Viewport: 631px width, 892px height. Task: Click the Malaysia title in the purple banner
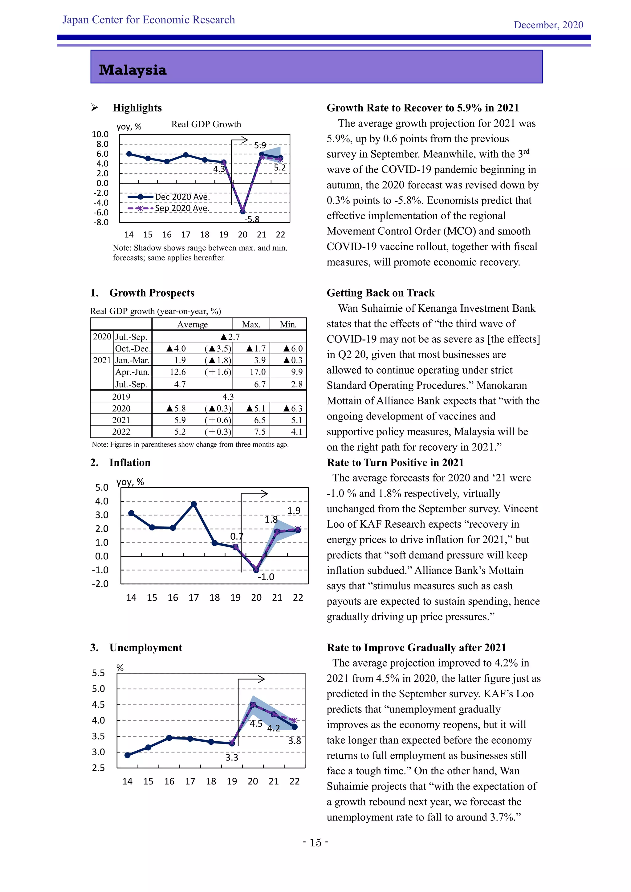pyautogui.click(x=132, y=70)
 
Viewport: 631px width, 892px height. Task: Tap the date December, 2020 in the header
pyautogui.click(x=548, y=25)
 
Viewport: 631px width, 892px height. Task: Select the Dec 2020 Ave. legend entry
pyautogui.click(x=182, y=197)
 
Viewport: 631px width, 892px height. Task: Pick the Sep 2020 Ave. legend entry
pyautogui.click(x=181, y=208)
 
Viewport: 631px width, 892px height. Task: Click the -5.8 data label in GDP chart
pyautogui.click(x=252, y=219)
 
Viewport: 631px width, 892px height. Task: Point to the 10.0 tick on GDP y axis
pyautogui.click(x=100, y=134)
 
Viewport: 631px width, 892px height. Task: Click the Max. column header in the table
pyautogui.click(x=251, y=324)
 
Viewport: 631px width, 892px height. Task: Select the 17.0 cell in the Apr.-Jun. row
pyautogui.click(x=258, y=372)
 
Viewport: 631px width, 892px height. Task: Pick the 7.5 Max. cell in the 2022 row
pyautogui.click(x=259, y=432)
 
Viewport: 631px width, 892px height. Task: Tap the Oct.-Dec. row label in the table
pyautogui.click(x=132, y=348)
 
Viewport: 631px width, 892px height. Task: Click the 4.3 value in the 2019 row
pyautogui.click(x=228, y=397)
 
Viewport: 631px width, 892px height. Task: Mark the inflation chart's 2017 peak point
pyautogui.click(x=194, y=504)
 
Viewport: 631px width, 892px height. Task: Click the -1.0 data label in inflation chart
pyautogui.click(x=266, y=577)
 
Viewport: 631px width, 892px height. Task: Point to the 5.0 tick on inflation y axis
pyautogui.click(x=102, y=488)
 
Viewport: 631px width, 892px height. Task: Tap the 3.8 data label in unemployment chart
pyautogui.click(x=295, y=741)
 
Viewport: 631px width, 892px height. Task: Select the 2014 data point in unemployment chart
pyautogui.click(x=128, y=755)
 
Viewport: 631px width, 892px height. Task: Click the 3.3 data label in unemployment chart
pyautogui.click(x=232, y=757)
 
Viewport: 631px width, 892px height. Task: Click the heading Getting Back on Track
pyautogui.click(x=381, y=293)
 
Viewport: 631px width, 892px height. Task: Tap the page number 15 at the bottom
pyautogui.click(x=315, y=842)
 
